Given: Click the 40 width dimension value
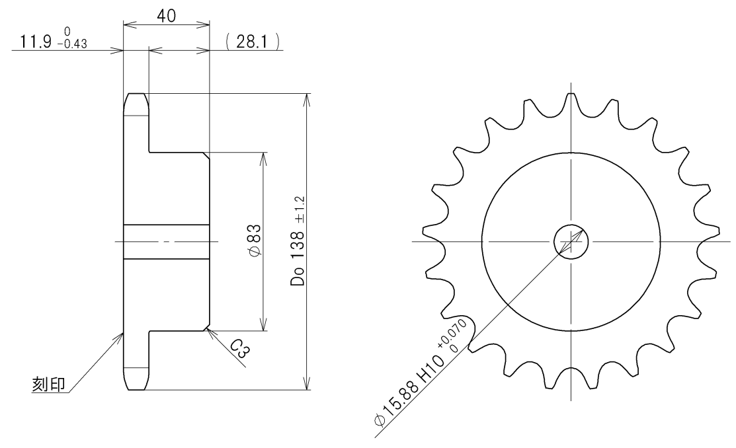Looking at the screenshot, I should click(166, 15).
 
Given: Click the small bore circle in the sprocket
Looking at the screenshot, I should click(570, 241).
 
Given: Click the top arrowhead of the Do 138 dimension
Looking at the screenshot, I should click(305, 99).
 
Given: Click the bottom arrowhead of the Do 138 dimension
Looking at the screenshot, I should click(305, 384).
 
